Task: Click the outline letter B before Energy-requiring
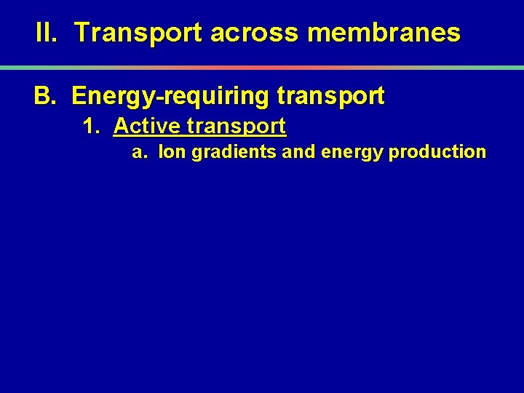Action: click(x=44, y=96)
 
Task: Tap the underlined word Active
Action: click(x=147, y=127)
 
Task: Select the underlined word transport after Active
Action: click(x=237, y=127)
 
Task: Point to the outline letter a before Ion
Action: click(x=137, y=153)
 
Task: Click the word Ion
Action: click(x=172, y=153)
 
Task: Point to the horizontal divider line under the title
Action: click(x=262, y=67)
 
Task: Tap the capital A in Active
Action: click(x=122, y=127)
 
